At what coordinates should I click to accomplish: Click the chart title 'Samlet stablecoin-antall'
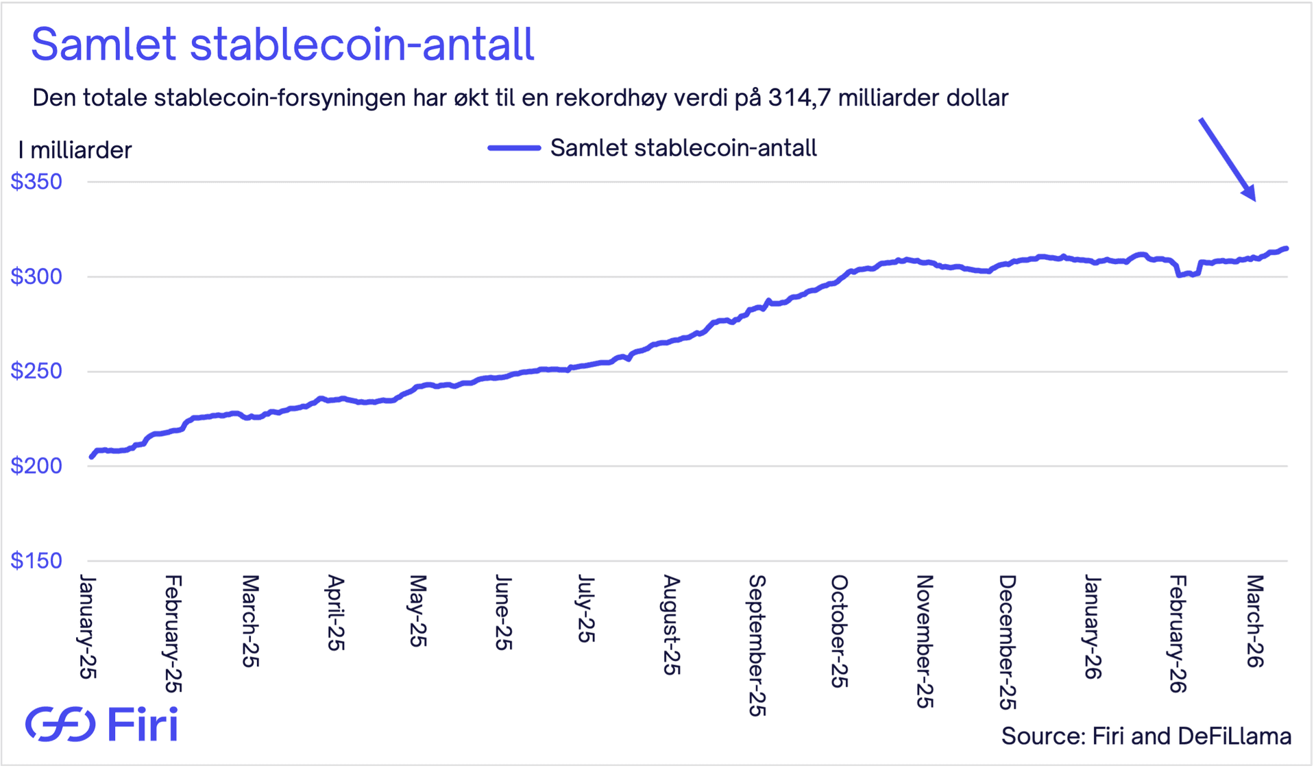[282, 45]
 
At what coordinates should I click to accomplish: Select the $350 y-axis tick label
[36, 182]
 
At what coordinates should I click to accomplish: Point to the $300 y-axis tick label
[36, 276]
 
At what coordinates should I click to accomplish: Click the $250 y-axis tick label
[36, 371]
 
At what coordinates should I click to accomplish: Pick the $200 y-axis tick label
[36, 466]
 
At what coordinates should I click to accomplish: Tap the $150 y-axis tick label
[36, 560]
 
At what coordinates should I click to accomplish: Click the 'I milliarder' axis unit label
[75, 150]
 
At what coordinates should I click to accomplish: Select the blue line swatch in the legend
[514, 148]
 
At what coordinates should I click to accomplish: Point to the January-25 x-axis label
[88, 627]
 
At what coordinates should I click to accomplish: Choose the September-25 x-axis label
[757, 645]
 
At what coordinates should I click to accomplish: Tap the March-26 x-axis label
[1254, 621]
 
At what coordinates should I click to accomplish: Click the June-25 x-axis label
[503, 612]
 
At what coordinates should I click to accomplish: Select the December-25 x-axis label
[1006, 642]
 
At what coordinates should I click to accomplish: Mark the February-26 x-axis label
[1178, 634]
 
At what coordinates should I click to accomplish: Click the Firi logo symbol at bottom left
[60, 723]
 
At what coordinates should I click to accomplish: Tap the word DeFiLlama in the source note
[1234, 736]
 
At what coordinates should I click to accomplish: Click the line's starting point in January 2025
[91, 457]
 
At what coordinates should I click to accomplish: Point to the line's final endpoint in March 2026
[1287, 248]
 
